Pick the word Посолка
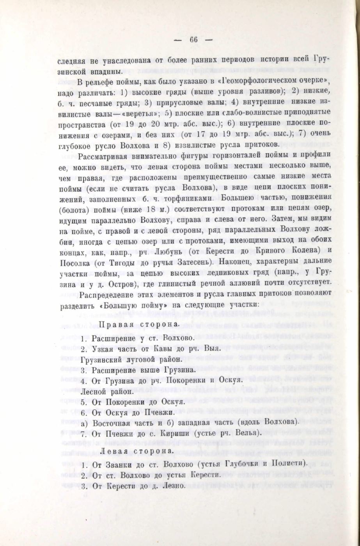(76, 261)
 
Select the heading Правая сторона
(134, 325)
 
